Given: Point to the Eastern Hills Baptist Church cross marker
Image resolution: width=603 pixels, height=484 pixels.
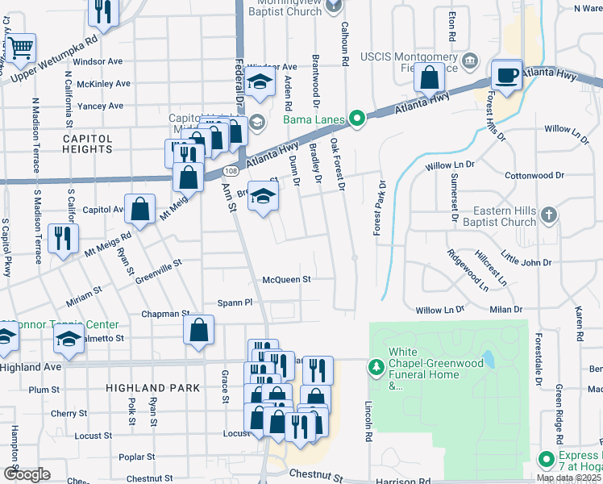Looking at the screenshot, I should (548, 215).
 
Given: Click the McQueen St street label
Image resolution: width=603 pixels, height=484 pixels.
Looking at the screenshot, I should (286, 280).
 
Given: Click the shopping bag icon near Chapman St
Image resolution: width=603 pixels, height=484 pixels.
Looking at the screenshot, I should (198, 330).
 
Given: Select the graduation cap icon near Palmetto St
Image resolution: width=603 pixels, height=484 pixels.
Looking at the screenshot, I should (69, 339).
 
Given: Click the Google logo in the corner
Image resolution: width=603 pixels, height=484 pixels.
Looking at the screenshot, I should (27, 474).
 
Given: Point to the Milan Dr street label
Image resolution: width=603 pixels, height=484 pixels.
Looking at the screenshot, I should (505, 310).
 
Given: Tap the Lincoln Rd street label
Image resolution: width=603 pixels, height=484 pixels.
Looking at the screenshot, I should (368, 420).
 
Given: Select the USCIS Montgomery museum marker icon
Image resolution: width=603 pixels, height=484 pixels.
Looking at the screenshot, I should (472, 61).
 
